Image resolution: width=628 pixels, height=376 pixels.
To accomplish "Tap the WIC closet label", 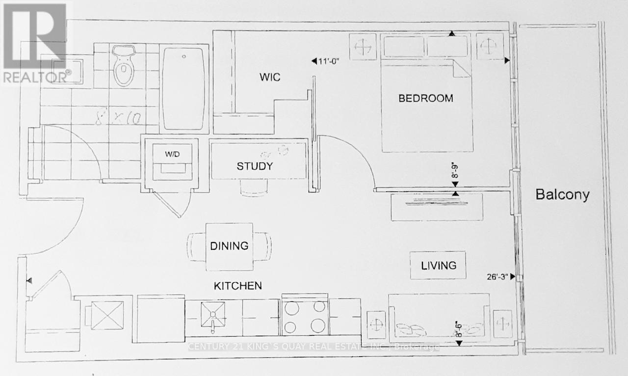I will (269, 78).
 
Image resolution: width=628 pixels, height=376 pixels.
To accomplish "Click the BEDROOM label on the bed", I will (425, 98).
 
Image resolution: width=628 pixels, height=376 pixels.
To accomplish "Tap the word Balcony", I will (562, 195).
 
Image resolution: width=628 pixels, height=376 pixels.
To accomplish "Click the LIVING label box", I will (438, 265).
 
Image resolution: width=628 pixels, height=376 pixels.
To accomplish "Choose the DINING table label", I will (230, 246).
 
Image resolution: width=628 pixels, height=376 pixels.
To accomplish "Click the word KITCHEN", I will (237, 286).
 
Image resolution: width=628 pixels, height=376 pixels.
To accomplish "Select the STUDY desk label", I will (255, 166).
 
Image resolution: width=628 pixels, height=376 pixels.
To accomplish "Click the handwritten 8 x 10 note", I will (118, 118).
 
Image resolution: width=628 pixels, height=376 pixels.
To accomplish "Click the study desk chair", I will (254, 187).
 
